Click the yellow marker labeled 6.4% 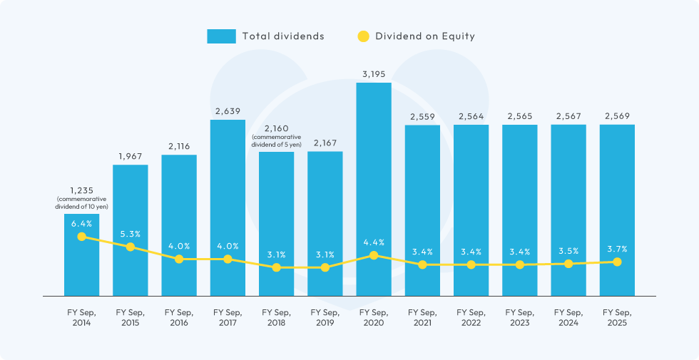click(82, 237)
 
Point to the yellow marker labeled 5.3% click(131, 247)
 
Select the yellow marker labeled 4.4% click(374, 255)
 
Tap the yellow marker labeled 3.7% click(617, 262)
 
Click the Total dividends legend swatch click(221, 36)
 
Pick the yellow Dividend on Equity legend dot click(363, 36)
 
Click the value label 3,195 click(374, 74)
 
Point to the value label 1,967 click(131, 157)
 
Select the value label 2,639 click(228, 111)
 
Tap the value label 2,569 click(617, 116)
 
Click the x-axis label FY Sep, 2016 click(179, 317)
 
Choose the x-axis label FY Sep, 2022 click(471, 317)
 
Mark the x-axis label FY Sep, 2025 click(617, 317)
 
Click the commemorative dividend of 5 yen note click(276, 140)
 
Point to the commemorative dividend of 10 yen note click(82, 202)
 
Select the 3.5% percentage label click(568, 251)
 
